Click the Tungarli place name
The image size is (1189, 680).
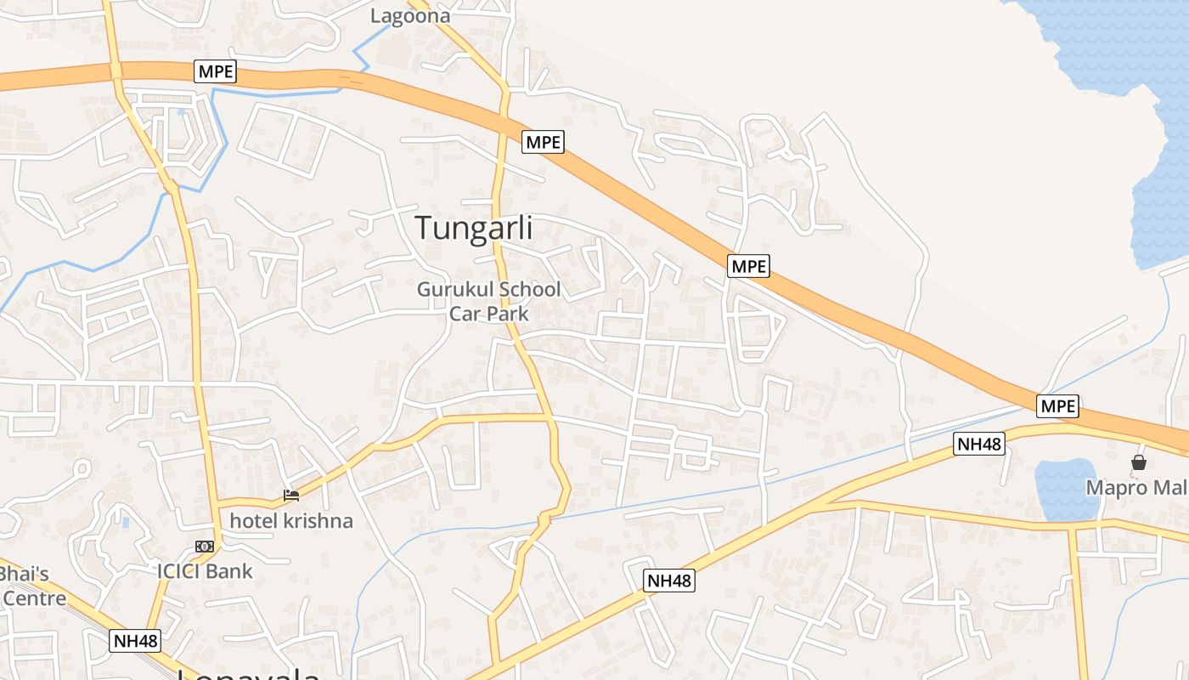(474, 228)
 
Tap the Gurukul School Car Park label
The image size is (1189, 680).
(488, 301)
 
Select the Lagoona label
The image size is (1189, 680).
(410, 15)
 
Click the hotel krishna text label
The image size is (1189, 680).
(291, 520)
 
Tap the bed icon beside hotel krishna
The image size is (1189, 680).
(291, 495)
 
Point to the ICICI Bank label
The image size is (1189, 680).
(205, 570)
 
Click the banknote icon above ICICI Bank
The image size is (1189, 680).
(204, 546)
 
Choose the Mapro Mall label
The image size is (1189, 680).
(1137, 488)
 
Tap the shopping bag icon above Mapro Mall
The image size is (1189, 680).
(1138, 462)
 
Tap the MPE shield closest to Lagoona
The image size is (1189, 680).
(215, 71)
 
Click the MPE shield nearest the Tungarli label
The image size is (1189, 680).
(544, 142)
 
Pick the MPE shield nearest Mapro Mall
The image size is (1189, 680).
(1058, 406)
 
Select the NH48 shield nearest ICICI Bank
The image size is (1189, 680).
(136, 641)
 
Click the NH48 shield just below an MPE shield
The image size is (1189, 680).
(979, 443)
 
